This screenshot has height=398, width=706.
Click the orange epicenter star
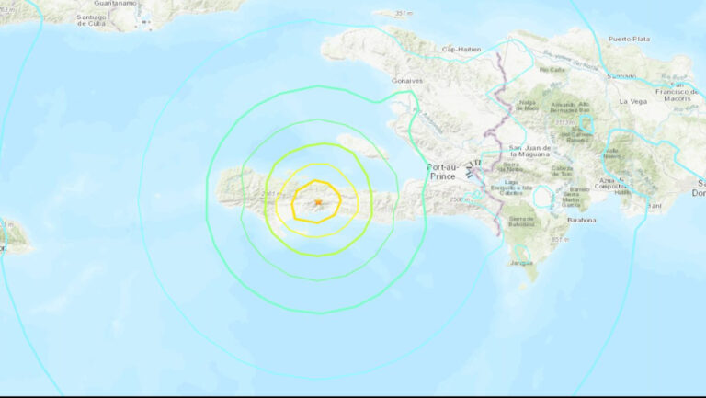click(317, 201)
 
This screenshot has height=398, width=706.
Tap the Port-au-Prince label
click(448, 171)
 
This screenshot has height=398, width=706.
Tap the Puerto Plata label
click(629, 39)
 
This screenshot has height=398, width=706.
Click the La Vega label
click(633, 101)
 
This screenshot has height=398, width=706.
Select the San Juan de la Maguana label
click(529, 152)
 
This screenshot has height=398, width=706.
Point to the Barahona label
click(580, 220)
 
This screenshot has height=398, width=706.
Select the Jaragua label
click(521, 262)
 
